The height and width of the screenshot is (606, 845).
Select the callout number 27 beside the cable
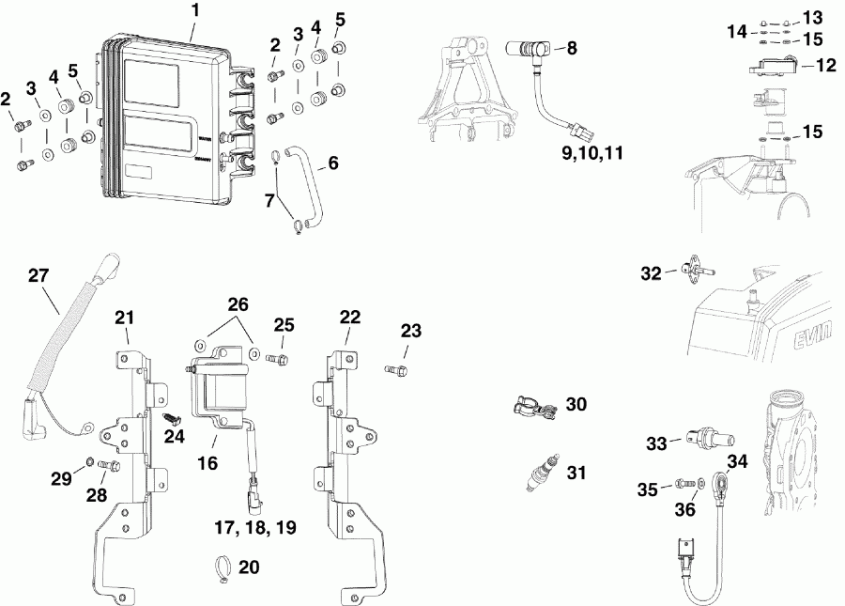(38, 275)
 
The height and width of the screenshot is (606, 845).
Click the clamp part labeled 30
(528, 408)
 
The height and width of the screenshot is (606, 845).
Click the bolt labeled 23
(395, 370)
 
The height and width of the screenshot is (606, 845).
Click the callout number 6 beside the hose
(332, 163)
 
